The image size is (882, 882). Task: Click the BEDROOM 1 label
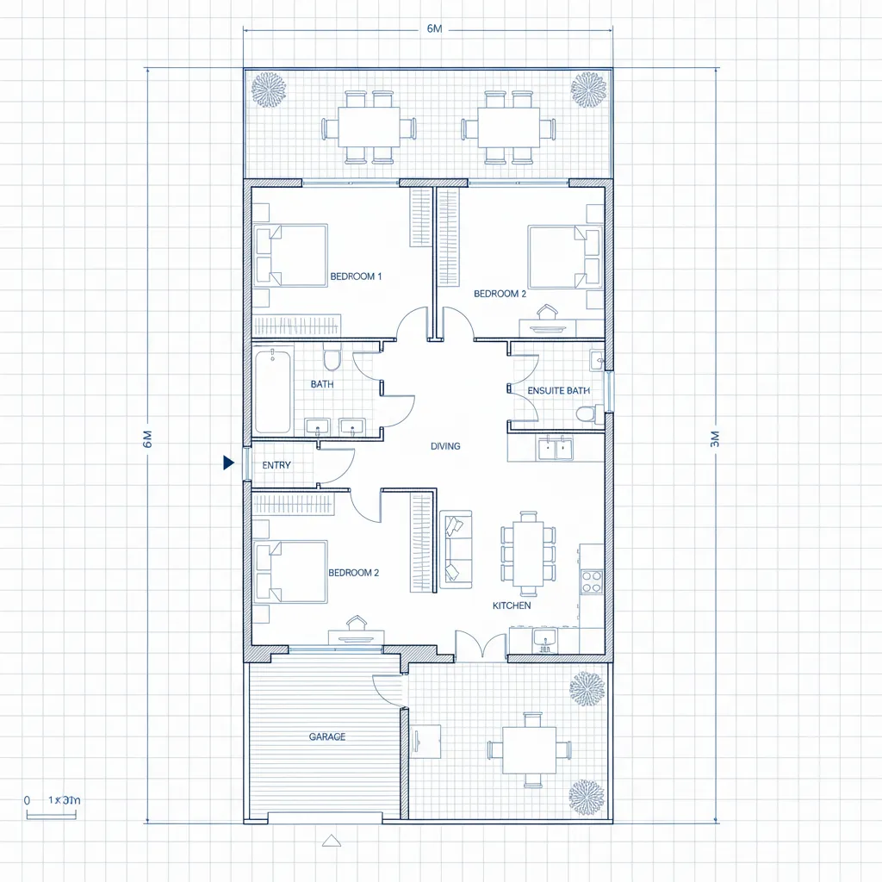pyautogui.click(x=356, y=276)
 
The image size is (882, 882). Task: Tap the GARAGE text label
pyautogui.click(x=327, y=736)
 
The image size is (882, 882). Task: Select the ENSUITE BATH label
pyautogui.click(x=558, y=390)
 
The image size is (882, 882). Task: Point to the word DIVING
pyautogui.click(x=445, y=446)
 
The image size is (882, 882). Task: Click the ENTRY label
pyautogui.click(x=276, y=465)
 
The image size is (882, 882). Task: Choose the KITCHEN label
pyautogui.click(x=512, y=606)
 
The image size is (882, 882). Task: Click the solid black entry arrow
pyautogui.click(x=228, y=463)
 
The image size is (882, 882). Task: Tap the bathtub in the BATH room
pyautogui.click(x=273, y=391)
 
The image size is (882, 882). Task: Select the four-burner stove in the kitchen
pyautogui.click(x=592, y=581)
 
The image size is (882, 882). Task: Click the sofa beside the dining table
pyautogui.click(x=456, y=549)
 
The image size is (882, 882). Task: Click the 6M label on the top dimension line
pyautogui.click(x=434, y=29)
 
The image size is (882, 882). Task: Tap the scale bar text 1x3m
pyautogui.click(x=64, y=800)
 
